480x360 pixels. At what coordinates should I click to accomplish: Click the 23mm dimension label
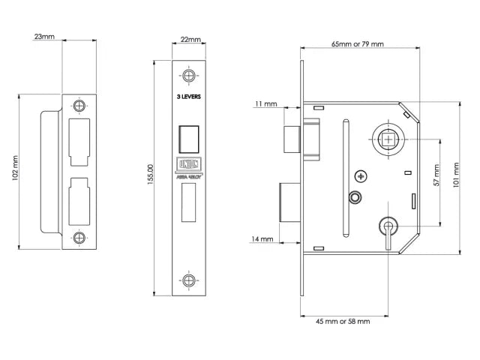(44, 35)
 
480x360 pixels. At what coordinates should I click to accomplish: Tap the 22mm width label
(190, 39)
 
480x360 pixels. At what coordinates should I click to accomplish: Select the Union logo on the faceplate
(187, 163)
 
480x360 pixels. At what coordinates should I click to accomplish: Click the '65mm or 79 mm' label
(358, 44)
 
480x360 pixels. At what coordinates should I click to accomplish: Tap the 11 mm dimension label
(266, 103)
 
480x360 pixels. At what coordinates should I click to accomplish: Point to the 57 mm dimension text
(436, 180)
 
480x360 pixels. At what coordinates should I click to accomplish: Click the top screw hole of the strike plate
(78, 106)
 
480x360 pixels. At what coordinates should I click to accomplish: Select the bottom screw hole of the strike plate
(78, 238)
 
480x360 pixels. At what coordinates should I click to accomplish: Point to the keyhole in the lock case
(387, 227)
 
